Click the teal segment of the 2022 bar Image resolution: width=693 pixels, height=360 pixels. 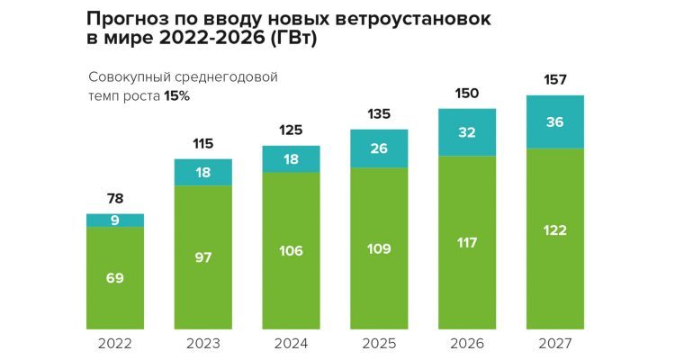pyautogui.click(x=115, y=220)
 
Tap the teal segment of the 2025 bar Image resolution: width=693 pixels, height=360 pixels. pyautogui.click(x=379, y=148)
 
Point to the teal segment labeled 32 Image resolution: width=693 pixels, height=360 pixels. pyautogui.click(x=467, y=131)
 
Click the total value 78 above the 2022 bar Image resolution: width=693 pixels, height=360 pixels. pyautogui.click(x=115, y=199)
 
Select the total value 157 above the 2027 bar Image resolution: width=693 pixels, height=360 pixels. pyautogui.click(x=555, y=81)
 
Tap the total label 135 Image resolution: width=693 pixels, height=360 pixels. pyautogui.click(x=379, y=114)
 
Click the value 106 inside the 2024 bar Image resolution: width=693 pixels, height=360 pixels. pyautogui.click(x=291, y=251)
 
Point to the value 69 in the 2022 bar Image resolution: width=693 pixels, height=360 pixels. pyautogui.click(x=115, y=278)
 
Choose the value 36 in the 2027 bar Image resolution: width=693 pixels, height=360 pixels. pyautogui.click(x=555, y=121)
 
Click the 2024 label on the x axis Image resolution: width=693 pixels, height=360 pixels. pyautogui.click(x=291, y=343)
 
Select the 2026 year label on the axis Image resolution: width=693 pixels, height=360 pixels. pyautogui.click(x=467, y=343)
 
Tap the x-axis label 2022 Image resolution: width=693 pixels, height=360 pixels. pyautogui.click(x=115, y=343)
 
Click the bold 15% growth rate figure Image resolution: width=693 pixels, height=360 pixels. pyautogui.click(x=176, y=95)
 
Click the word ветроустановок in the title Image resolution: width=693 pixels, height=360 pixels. pyautogui.click(x=416, y=19)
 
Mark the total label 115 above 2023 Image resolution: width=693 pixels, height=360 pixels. pyautogui.click(x=202, y=144)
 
